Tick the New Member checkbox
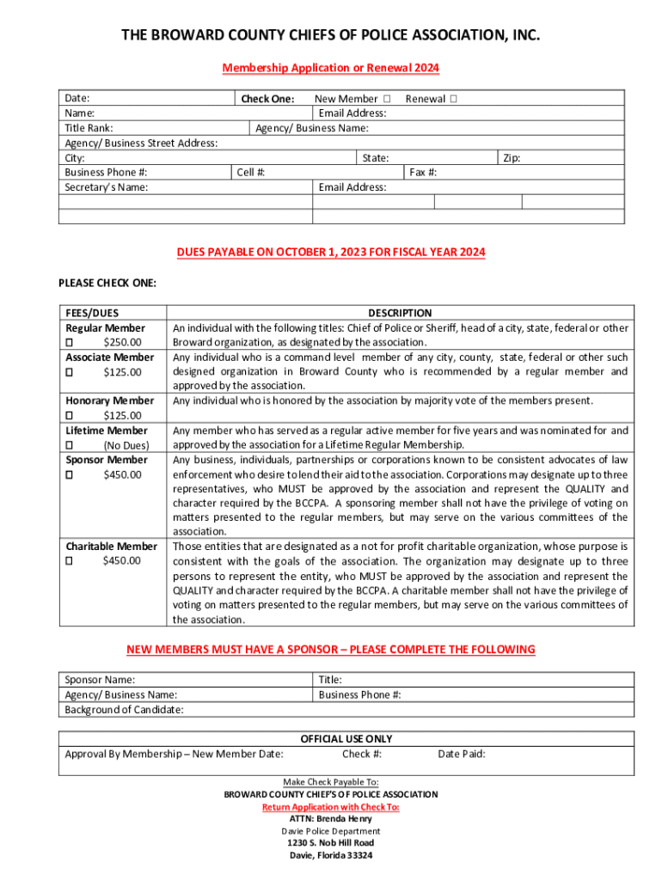[x=388, y=99]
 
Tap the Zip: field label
[x=511, y=158]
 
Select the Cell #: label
[x=251, y=173]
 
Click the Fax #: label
[x=423, y=173]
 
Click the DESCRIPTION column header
[x=400, y=313]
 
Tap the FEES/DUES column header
[x=92, y=313]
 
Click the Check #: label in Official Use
[x=362, y=754]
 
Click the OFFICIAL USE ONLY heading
[x=346, y=739]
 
